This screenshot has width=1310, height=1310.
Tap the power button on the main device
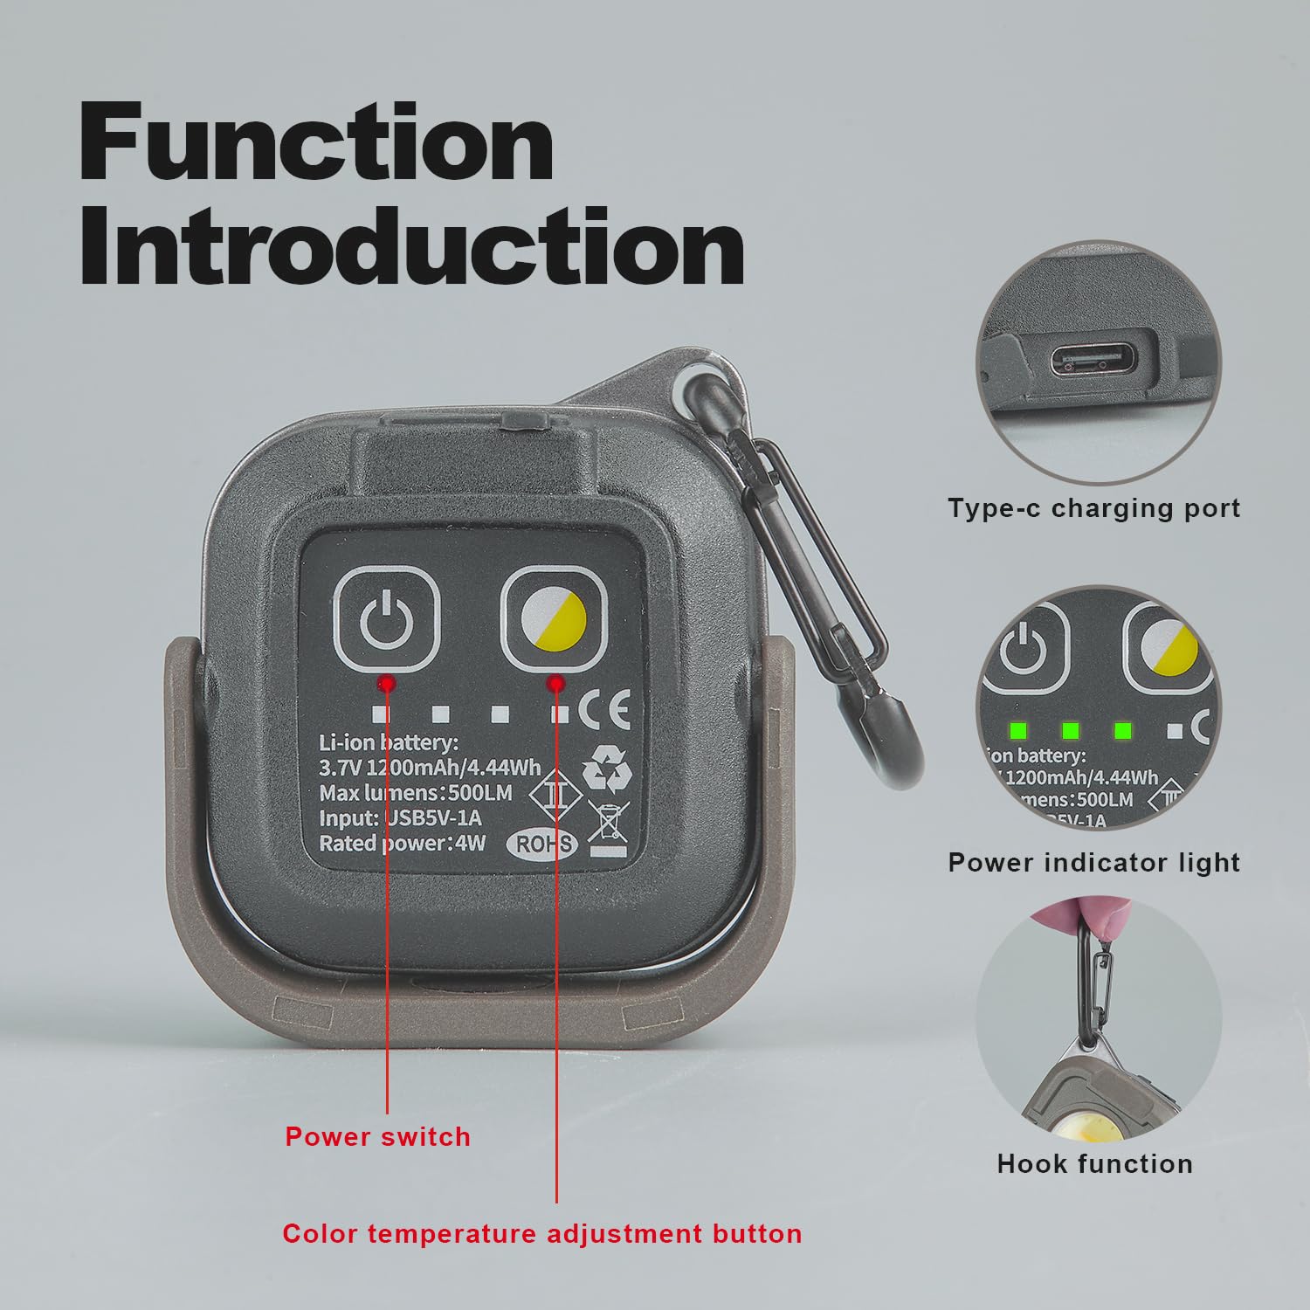[x=385, y=617]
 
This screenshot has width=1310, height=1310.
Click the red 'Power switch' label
[x=377, y=1136]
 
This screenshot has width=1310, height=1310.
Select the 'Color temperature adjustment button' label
[x=541, y=1233]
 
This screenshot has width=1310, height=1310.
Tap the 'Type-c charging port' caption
[x=1094, y=508]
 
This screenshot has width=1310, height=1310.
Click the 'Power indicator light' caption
[x=1094, y=862]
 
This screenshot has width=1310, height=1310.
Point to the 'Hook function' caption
[x=1094, y=1163]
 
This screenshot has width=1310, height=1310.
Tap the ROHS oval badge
[x=545, y=843]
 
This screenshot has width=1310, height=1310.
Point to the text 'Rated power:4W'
[x=402, y=843]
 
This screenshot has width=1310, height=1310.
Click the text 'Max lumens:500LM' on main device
[x=415, y=793]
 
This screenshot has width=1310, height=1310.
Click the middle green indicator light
[x=1070, y=729]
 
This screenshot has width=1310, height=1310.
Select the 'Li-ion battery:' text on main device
[x=388, y=743]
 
